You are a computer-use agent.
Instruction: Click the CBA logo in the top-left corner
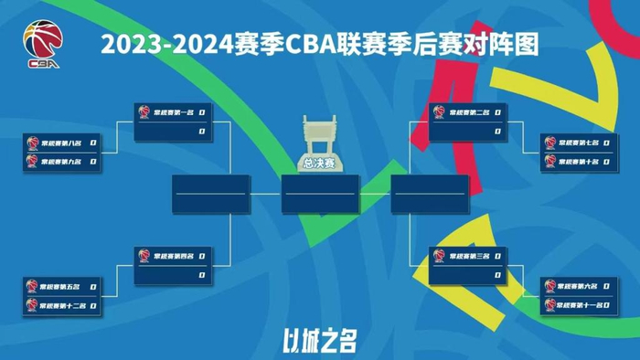click(43, 45)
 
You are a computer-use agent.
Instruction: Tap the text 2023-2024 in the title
click(155, 43)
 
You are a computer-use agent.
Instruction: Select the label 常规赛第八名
click(61, 143)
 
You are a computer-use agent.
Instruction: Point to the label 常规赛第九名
click(61, 162)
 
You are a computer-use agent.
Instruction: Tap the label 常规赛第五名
click(61, 286)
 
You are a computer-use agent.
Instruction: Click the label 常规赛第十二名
click(63, 305)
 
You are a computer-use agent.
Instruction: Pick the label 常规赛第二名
click(469, 112)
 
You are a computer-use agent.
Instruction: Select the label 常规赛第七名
click(579, 143)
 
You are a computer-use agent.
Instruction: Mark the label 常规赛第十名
click(579, 162)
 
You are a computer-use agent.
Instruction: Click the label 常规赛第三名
click(469, 256)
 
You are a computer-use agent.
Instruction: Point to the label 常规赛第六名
click(579, 286)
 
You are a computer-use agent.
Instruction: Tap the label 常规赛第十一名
click(581, 305)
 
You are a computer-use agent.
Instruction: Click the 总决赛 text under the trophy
click(319, 164)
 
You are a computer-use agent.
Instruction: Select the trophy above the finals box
click(319, 137)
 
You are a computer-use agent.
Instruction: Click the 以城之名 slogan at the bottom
click(319, 341)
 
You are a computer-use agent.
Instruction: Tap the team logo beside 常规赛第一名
click(144, 112)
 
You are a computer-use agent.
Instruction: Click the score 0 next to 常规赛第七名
click(607, 143)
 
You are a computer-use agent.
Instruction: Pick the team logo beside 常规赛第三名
click(440, 256)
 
